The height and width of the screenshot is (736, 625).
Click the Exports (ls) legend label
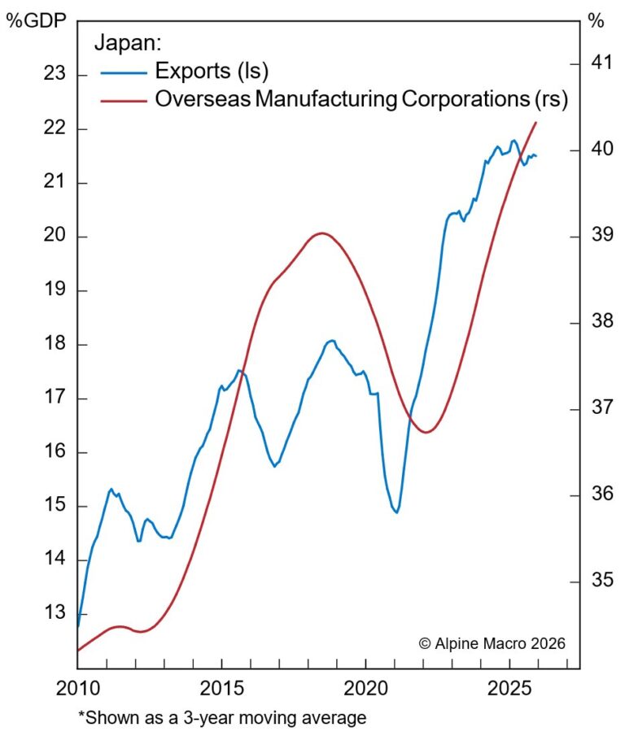pos(212,71)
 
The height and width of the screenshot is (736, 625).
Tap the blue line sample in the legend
pos(124,72)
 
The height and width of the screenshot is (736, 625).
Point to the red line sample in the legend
pos(124,100)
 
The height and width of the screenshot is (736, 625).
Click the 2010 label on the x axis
pos(77,689)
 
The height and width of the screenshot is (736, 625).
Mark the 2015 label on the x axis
pos(221,689)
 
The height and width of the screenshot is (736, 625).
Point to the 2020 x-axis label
pos(365,689)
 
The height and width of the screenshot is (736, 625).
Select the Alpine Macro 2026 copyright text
pos(492,642)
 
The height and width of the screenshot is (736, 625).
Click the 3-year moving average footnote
pos(222,717)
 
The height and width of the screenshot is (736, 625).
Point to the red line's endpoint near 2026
pos(536,122)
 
